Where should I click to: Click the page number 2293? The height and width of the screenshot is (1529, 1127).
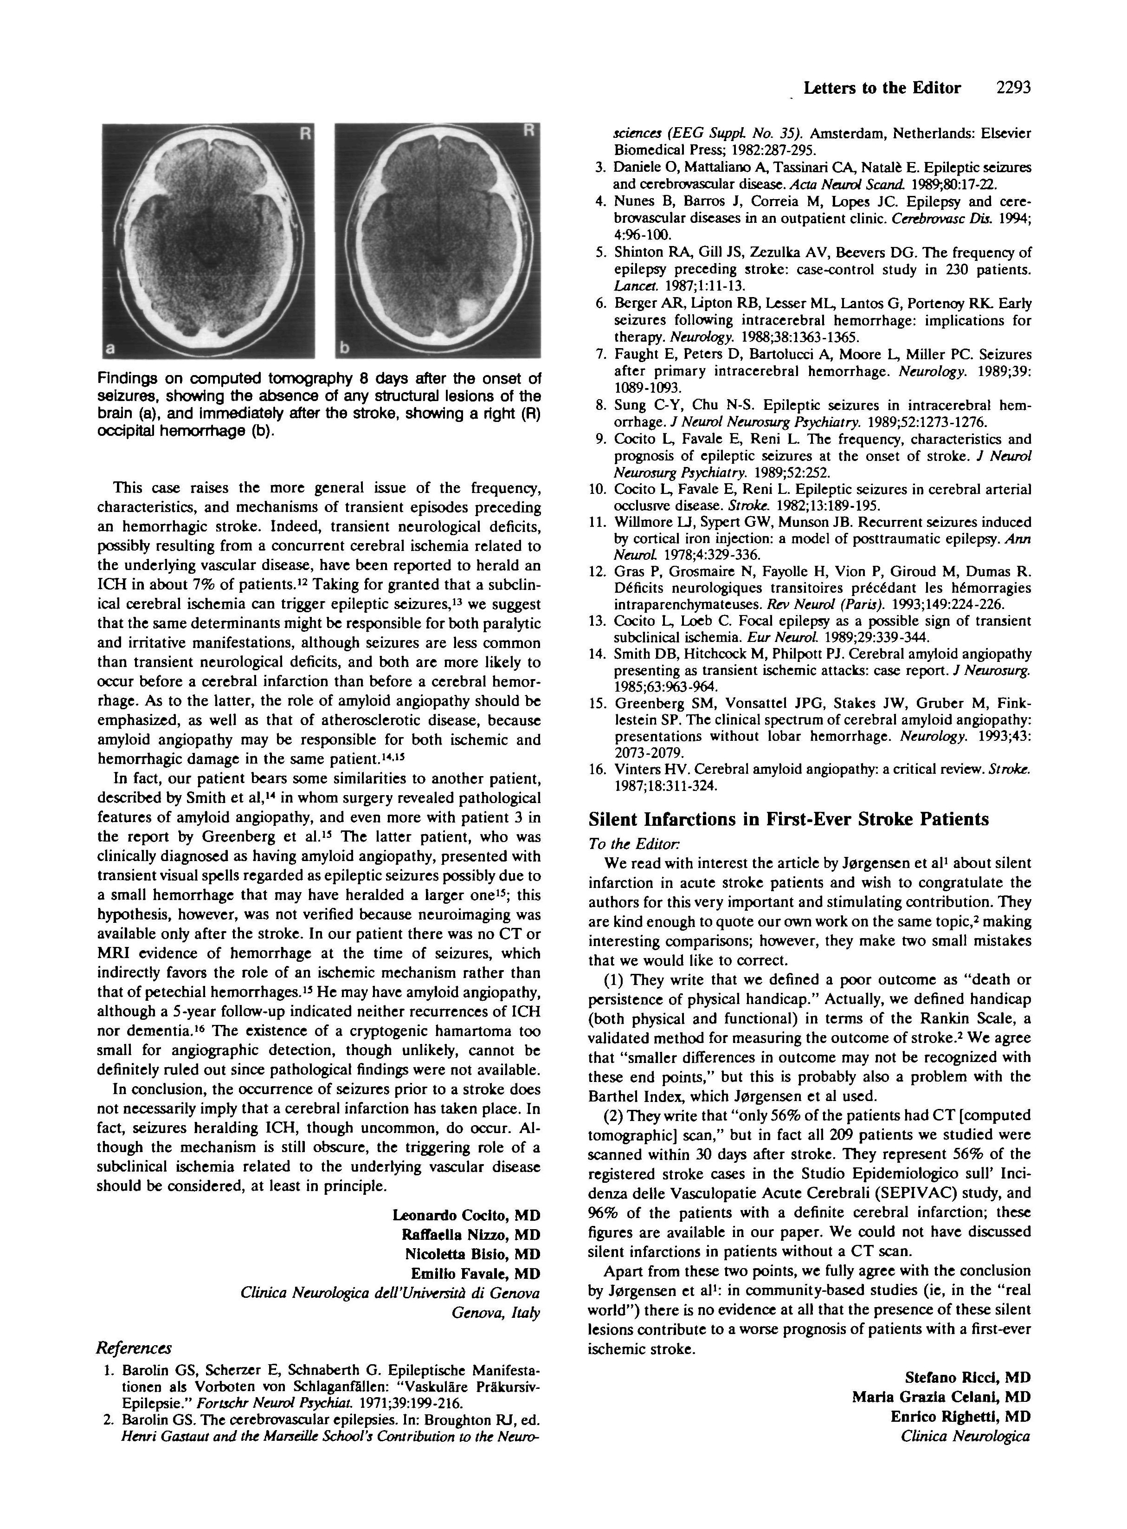[x=1012, y=87]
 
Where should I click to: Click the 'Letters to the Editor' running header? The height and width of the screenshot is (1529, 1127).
[x=882, y=88]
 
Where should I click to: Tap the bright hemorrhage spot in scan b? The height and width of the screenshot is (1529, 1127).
[x=470, y=310]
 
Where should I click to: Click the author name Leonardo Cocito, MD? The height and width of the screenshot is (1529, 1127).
[x=466, y=1215]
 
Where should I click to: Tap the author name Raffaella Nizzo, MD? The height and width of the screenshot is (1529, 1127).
[x=471, y=1234]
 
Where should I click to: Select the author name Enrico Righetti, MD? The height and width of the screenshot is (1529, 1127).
[x=960, y=1416]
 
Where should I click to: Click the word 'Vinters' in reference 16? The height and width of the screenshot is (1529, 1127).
[x=637, y=769]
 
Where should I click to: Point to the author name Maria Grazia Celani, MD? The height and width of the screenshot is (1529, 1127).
[x=941, y=1397]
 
